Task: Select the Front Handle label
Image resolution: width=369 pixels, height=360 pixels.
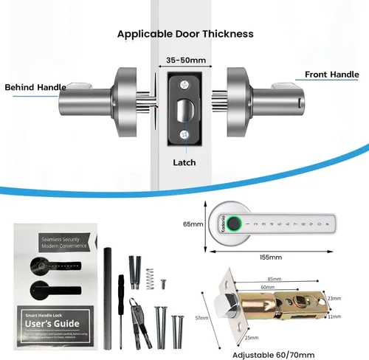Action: coord(333,75)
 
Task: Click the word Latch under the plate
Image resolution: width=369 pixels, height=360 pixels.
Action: coord(184,162)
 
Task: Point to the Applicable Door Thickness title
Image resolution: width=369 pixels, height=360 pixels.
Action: coord(185,34)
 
